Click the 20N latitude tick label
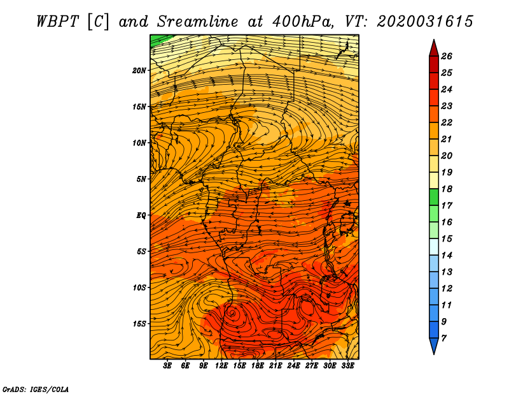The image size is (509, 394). pyautogui.click(x=139, y=71)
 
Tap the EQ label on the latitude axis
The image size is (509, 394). pyautogui.click(x=141, y=215)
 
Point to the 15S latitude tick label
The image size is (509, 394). pyautogui.click(x=139, y=324)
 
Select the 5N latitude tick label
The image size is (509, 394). pyautogui.click(x=141, y=179)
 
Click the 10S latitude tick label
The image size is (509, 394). pyautogui.click(x=139, y=288)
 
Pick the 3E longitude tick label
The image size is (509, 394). pyautogui.click(x=167, y=366)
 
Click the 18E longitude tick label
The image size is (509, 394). pyautogui.click(x=258, y=366)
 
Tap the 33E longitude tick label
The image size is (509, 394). pyautogui.click(x=347, y=366)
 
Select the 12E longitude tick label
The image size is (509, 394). pyautogui.click(x=221, y=366)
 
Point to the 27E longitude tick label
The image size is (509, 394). pyautogui.click(x=312, y=366)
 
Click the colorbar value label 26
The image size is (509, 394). pyautogui.click(x=447, y=56)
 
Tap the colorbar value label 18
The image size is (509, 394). pyautogui.click(x=447, y=189)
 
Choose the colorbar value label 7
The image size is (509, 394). pyautogui.click(x=443, y=339)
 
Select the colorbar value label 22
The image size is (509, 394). pyautogui.click(x=447, y=122)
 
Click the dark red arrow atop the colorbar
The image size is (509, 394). pyautogui.click(x=434, y=48)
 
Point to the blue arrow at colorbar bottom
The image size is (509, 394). pyautogui.click(x=434, y=346)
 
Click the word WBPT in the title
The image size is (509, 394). pyautogui.click(x=57, y=22)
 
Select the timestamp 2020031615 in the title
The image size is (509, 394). pyautogui.click(x=425, y=22)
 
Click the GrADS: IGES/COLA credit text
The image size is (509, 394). pyautogui.click(x=36, y=390)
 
